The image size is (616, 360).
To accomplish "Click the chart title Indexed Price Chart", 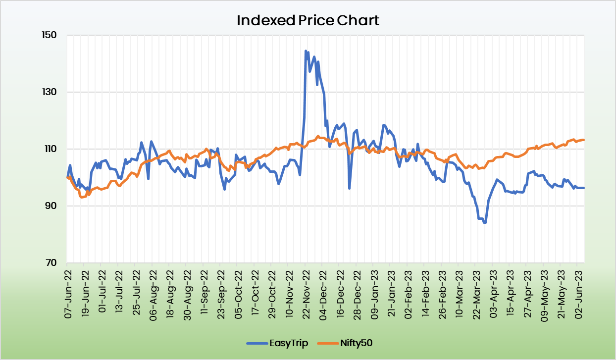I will pyautogui.click(x=308, y=21).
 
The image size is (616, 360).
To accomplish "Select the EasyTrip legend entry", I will pyautogui.click(x=277, y=343).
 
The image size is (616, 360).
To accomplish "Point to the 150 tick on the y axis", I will pyautogui.click(x=51, y=35).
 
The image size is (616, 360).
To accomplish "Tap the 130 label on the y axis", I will pyautogui.click(x=51, y=92).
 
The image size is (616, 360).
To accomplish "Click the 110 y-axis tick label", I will pyautogui.click(x=51, y=149).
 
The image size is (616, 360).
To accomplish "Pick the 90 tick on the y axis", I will pyautogui.click(x=52, y=206).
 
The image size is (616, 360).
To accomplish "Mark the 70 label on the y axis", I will pyautogui.click(x=52, y=263).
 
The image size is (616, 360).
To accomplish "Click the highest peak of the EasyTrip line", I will pyautogui.click(x=306, y=51).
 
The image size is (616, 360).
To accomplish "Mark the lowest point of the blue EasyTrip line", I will pyautogui.click(x=485, y=222).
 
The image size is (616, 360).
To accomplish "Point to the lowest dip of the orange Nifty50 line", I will pyautogui.click(x=82, y=197).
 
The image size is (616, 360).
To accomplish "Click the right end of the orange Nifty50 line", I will pyautogui.click(x=584, y=140).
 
